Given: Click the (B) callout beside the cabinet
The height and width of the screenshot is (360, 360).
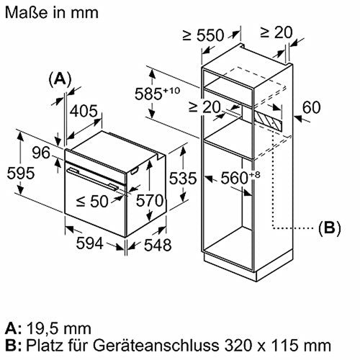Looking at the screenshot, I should coord(328,230).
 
